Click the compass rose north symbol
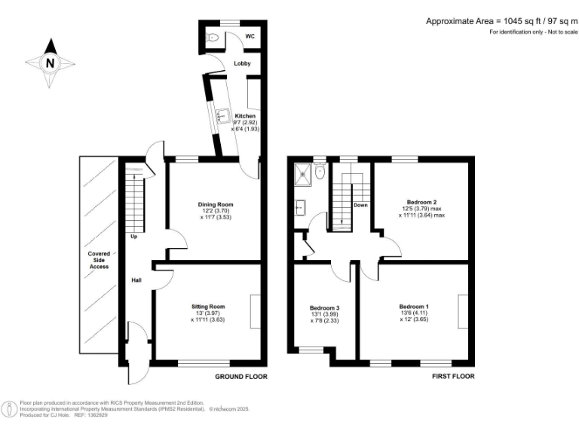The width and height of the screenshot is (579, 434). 49,63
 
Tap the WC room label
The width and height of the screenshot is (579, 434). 250,36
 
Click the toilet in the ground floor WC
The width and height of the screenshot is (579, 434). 213,37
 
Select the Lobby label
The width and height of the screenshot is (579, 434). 242,63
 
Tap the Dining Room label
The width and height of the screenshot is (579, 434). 216,204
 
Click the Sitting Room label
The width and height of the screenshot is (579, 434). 207,307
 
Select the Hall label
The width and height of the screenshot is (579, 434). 136,280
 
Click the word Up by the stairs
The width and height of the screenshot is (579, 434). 133,237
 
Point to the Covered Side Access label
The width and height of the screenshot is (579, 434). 98,260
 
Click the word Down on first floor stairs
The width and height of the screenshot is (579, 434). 360,205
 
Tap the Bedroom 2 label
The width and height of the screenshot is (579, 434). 422,202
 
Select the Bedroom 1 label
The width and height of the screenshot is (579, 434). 414,307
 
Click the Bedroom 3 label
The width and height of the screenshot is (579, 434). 325,307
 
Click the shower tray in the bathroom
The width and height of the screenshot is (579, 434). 305,173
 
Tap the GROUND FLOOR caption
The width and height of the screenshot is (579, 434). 241,376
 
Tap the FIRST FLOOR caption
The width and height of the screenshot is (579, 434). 452,376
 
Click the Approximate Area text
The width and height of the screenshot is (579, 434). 497,21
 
